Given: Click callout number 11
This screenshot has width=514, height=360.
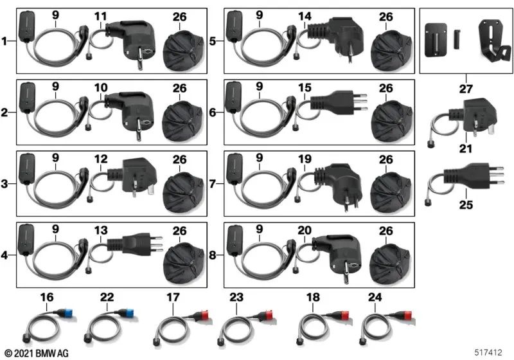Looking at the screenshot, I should (x=101, y=15).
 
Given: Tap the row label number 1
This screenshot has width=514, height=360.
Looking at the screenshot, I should (x=5, y=42).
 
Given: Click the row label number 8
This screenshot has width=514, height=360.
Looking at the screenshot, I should (x=213, y=255).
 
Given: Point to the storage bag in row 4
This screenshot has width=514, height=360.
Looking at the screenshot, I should (x=184, y=259).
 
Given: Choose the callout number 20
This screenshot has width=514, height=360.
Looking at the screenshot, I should (x=305, y=230).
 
